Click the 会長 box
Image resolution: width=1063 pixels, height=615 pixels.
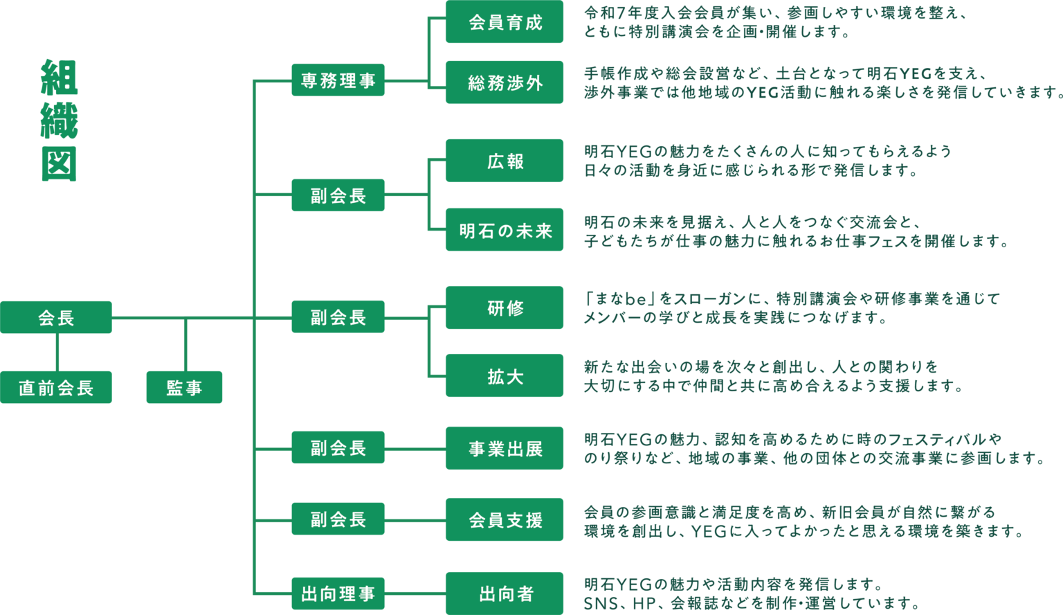click(x=56, y=317)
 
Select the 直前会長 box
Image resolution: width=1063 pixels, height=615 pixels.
click(x=56, y=387)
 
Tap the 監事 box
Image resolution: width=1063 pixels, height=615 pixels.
click(x=184, y=387)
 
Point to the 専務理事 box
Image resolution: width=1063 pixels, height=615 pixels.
click(x=338, y=80)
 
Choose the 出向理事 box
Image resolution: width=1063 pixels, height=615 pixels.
click(x=338, y=594)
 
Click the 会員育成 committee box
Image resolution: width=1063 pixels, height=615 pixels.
click(x=505, y=22)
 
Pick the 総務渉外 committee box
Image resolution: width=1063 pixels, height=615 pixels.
click(x=505, y=83)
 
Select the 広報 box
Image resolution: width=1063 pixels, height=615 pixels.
click(x=505, y=161)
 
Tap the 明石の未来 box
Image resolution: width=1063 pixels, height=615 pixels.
click(x=505, y=230)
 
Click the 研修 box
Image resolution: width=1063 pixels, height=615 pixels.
click(x=505, y=307)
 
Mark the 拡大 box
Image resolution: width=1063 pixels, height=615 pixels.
click(x=505, y=376)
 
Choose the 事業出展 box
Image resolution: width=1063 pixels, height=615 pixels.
click(x=505, y=449)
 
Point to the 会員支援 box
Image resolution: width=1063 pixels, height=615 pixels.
click(x=505, y=519)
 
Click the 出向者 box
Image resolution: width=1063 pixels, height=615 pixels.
click(x=505, y=594)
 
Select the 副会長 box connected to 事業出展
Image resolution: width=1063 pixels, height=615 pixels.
click(x=338, y=447)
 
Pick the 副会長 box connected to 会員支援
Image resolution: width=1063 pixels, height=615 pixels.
click(x=338, y=519)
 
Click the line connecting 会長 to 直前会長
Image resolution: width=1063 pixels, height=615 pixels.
click(x=57, y=352)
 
